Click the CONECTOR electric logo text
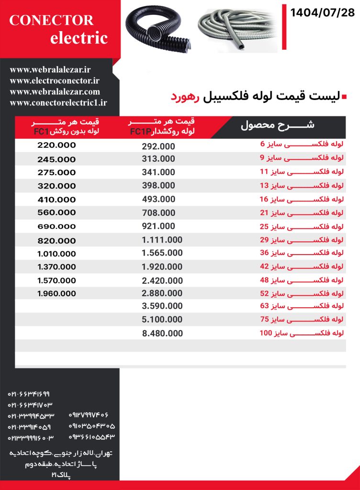pos(58,29)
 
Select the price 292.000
pos(158,146)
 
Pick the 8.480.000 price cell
pos(162,333)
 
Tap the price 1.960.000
pos(56,293)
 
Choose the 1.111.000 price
pos(162,240)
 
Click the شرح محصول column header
pos(277,126)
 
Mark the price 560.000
pos(56,212)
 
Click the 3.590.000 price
pos(162,306)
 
